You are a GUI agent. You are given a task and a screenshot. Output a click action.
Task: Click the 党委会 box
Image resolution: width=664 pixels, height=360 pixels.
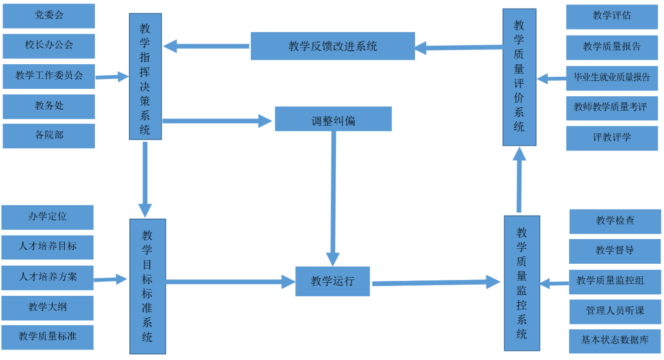49,16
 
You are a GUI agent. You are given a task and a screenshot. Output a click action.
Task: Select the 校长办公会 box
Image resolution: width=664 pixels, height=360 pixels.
49,46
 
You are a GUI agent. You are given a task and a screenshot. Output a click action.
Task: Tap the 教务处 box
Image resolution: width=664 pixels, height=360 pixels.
49,106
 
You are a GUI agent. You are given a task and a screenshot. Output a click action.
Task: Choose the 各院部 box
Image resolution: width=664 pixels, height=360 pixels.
49,136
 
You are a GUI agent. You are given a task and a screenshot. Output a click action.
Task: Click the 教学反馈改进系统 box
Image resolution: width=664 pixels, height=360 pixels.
333,46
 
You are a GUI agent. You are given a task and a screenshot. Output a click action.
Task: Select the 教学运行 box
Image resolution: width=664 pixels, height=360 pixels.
333,281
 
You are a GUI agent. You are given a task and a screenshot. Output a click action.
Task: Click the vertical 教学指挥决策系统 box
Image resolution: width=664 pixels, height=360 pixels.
145,76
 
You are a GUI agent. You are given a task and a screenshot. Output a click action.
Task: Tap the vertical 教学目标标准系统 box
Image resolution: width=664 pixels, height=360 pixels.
147,286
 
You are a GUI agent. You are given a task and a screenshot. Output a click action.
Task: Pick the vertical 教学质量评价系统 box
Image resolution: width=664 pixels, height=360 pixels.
519,77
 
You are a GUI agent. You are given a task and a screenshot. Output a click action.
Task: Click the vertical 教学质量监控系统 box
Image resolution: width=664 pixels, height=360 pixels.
522,283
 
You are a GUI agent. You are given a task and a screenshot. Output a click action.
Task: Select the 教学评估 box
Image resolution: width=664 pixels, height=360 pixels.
612,17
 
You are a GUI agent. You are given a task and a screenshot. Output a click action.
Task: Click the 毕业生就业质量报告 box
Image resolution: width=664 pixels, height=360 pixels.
612,78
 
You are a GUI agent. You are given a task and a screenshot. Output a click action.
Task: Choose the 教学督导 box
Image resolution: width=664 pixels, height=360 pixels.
615,251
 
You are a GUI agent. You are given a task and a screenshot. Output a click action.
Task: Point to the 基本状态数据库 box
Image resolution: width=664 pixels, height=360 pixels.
615,340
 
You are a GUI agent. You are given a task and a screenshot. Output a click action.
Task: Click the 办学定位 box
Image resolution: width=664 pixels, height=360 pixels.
48,217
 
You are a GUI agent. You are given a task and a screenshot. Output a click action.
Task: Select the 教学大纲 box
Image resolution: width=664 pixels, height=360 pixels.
48,307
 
